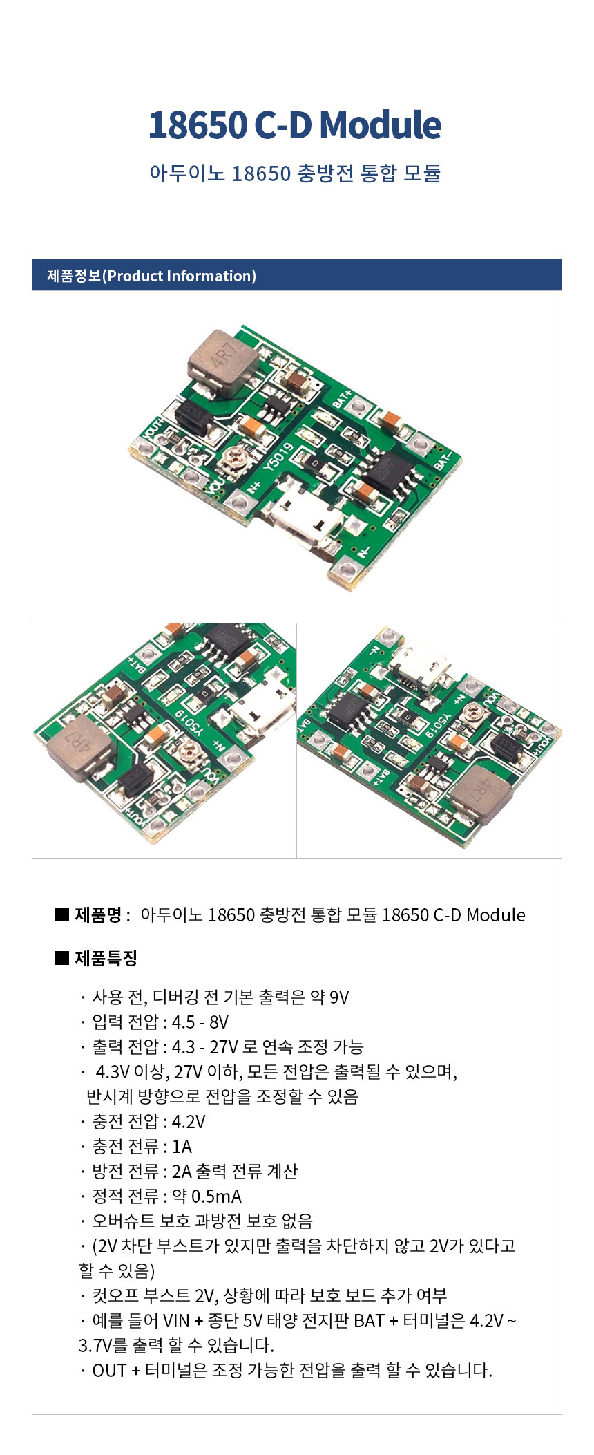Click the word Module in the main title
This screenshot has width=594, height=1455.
(381, 125)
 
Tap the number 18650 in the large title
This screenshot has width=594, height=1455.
(198, 125)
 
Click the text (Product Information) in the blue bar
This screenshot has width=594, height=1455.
(180, 276)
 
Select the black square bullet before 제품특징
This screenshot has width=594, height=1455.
(62, 958)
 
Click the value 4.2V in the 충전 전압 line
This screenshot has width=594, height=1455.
(189, 1122)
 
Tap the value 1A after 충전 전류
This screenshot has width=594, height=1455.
(182, 1147)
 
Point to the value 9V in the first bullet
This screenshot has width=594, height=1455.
(339, 997)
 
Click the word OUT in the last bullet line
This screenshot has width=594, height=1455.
(109, 1371)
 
